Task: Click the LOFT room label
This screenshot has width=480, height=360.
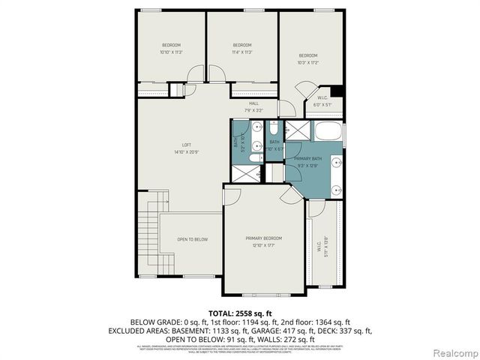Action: [x=187, y=145]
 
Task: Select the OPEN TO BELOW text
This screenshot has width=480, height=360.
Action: [x=192, y=239]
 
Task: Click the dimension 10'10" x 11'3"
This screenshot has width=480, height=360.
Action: [x=171, y=52]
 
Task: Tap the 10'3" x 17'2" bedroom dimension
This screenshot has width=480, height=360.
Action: [x=308, y=63]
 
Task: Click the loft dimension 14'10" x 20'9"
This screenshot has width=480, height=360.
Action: [x=187, y=151]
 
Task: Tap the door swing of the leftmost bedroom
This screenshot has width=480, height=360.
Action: [x=195, y=74]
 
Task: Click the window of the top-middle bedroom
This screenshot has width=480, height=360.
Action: [x=243, y=10]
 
